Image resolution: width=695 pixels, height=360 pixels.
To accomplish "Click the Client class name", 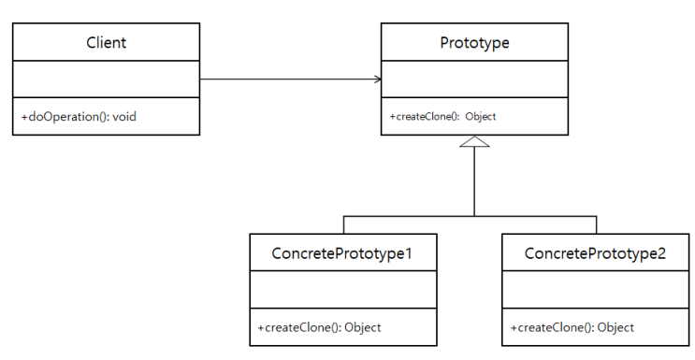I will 106,42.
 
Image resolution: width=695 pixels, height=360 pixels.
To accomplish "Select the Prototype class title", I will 474,42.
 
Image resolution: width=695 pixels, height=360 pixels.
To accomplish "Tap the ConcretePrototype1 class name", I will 341,253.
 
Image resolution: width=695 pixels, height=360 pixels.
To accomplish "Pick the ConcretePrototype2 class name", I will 595,253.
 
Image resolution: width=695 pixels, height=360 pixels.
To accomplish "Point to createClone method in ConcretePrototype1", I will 319,327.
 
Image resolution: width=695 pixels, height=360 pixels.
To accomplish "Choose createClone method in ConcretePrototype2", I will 572,327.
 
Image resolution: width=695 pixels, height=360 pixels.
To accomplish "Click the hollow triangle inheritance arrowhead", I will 475,142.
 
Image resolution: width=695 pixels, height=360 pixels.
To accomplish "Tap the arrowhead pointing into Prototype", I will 377,79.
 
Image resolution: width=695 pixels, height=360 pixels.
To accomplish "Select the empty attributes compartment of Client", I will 106,79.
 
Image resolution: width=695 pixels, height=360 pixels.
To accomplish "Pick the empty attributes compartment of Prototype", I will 474,79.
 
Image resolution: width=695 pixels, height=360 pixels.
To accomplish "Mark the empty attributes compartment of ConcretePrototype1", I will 341,290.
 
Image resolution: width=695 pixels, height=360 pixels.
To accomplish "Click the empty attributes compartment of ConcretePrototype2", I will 595,290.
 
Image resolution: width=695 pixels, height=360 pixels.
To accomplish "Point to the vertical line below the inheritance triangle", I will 475,182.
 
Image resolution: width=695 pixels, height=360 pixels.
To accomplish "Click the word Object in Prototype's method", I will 480,117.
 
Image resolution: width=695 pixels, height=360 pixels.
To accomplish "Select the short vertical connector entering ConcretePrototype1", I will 343,224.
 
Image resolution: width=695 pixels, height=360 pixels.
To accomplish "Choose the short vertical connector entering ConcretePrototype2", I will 597,224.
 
